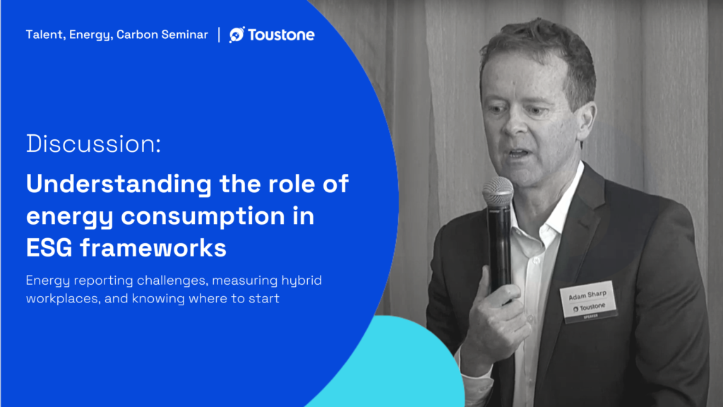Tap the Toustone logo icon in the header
(x=237, y=35)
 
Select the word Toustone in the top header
(x=281, y=35)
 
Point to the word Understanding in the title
(x=119, y=184)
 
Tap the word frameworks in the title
(x=153, y=248)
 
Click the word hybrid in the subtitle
(x=301, y=281)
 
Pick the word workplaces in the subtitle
(x=63, y=299)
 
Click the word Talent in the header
(x=44, y=35)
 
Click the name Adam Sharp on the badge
(x=587, y=295)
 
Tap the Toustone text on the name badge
(x=592, y=307)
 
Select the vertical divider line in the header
(x=219, y=35)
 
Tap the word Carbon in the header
(x=137, y=35)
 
